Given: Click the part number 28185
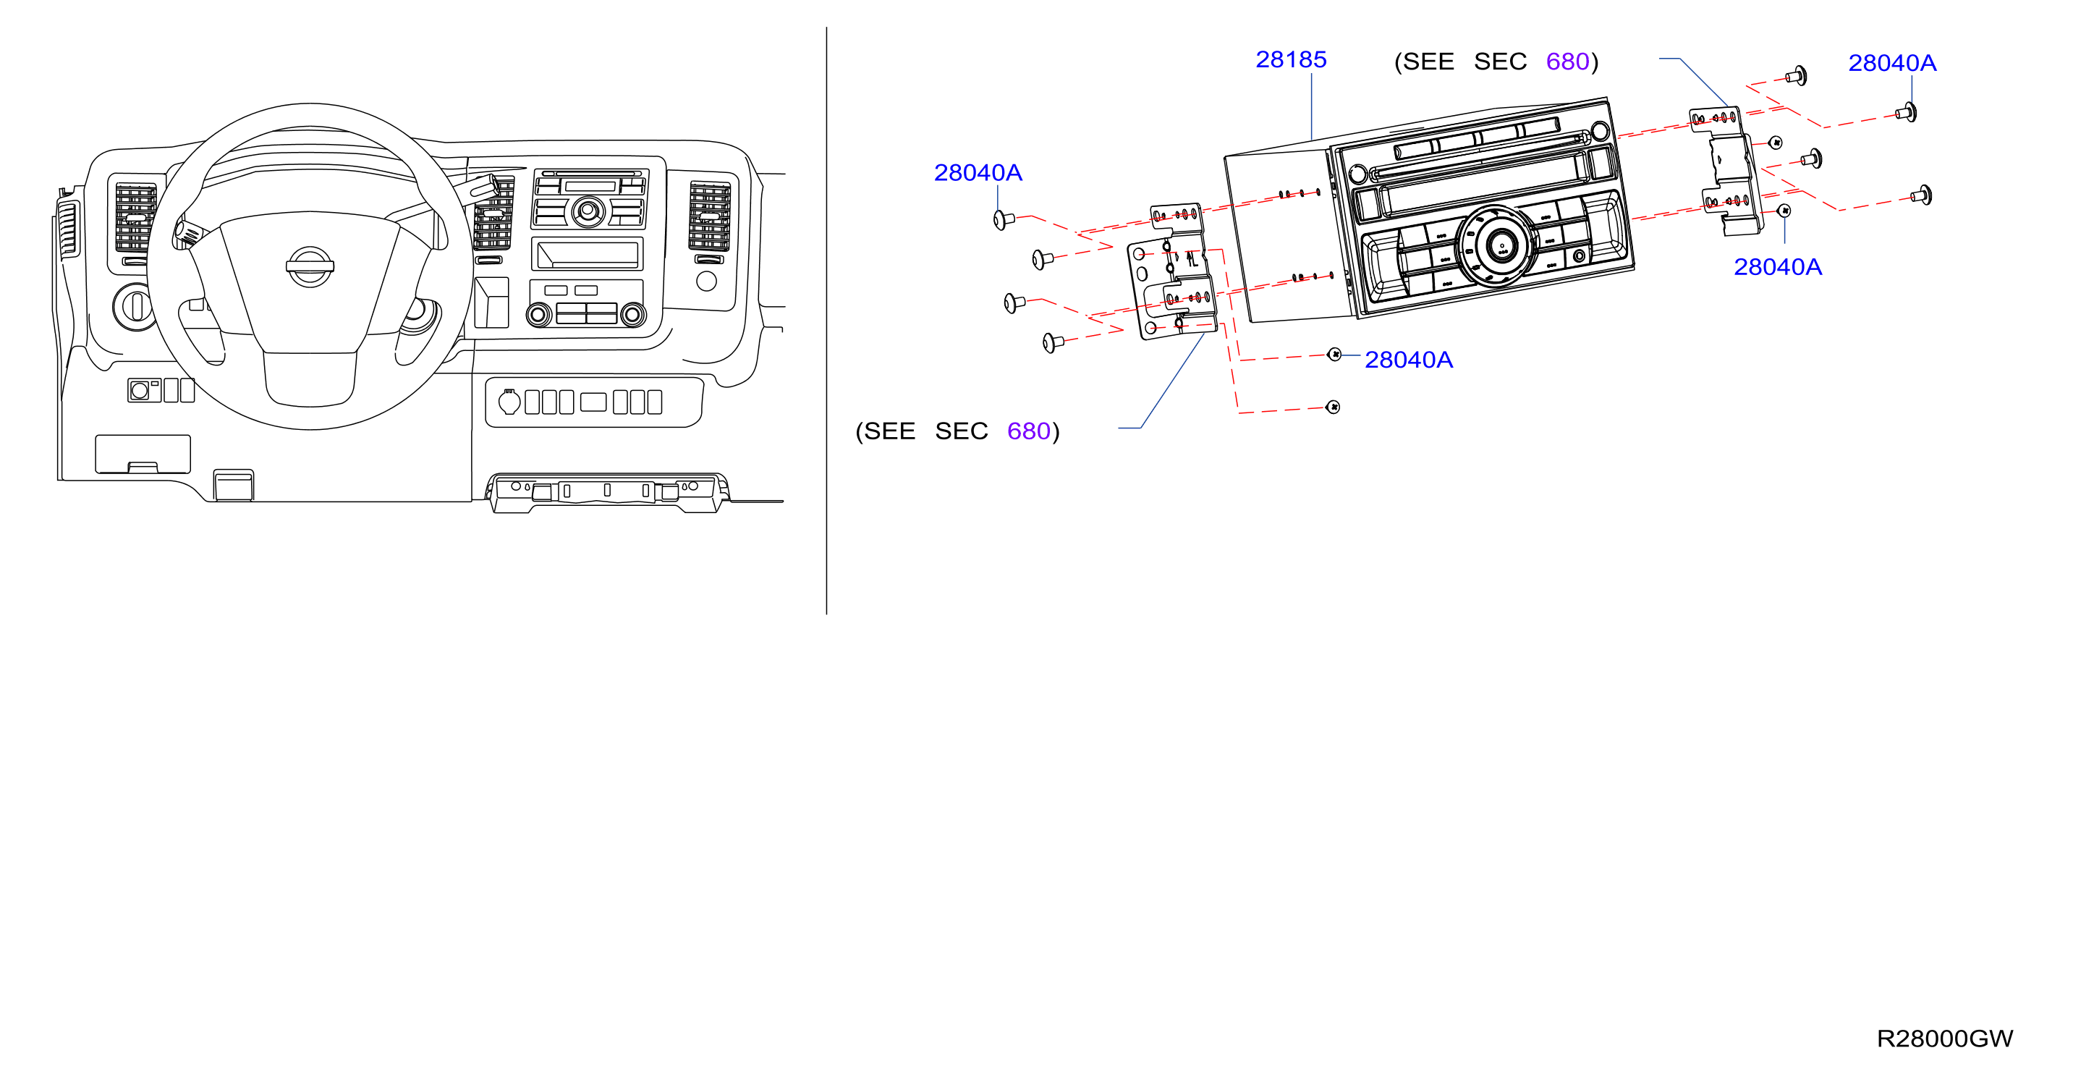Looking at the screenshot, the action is point(1291,59).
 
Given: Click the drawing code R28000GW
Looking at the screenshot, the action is point(1944,1039).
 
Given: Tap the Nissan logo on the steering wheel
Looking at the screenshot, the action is point(310,266).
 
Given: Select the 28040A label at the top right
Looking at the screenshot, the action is point(1892,63).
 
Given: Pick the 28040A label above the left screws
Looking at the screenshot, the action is point(978,172).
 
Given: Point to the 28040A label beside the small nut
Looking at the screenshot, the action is point(1409,360).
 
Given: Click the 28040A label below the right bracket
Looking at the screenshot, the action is point(1778,266).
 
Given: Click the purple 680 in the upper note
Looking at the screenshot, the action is point(1567,62).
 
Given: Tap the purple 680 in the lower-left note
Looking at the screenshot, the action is point(1028,431).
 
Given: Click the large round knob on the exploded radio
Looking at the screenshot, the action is point(1497,246).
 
